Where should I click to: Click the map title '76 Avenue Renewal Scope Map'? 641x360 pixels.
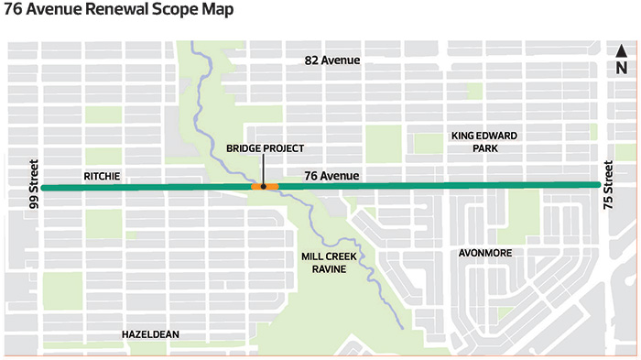pyautogui.click(x=118, y=12)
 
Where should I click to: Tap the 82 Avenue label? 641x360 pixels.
pyautogui.click(x=332, y=60)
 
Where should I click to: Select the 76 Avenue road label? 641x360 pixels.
pyautogui.click(x=332, y=175)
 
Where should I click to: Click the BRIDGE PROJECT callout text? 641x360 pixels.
pyautogui.click(x=265, y=148)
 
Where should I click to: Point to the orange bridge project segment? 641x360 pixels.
pyautogui.click(x=265, y=187)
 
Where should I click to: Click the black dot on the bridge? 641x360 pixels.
pyautogui.click(x=264, y=187)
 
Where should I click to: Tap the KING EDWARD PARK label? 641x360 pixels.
pyautogui.click(x=483, y=142)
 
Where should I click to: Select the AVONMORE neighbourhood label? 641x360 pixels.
pyautogui.click(x=485, y=252)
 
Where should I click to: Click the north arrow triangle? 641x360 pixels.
pyautogui.click(x=620, y=51)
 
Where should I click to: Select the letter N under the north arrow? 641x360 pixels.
pyautogui.click(x=620, y=68)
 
